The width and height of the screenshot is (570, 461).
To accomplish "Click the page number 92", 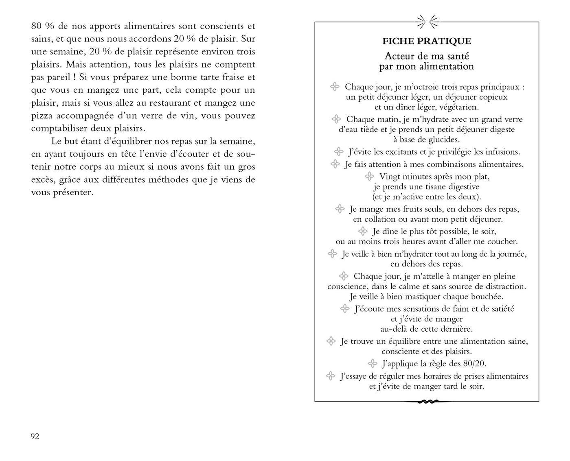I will point(35,437).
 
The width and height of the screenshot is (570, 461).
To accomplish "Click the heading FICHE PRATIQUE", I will point(427,41).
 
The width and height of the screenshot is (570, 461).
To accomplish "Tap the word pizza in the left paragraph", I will point(42,116).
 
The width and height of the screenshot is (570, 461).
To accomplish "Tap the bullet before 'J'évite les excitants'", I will point(339,152).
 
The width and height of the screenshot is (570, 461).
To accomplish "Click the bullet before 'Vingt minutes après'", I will point(369,176).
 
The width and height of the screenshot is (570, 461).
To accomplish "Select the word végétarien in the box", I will point(457,107).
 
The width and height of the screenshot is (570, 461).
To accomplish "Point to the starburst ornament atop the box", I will point(427,22).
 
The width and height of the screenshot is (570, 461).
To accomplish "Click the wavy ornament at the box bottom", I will point(427,402).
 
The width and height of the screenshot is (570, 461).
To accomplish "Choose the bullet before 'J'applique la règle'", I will point(372,363).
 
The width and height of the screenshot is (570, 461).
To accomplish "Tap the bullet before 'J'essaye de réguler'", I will point(331,376).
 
